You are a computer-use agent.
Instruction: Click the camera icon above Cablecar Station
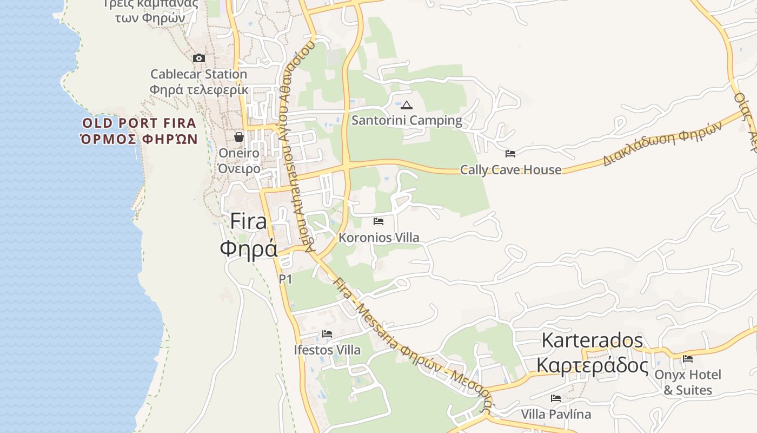(x=199, y=58)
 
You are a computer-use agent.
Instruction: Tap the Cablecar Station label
(x=198, y=74)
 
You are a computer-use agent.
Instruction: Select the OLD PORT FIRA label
(x=139, y=123)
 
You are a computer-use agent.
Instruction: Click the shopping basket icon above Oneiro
(x=239, y=137)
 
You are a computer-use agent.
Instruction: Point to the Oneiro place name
(x=238, y=153)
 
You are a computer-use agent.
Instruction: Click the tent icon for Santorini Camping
(x=407, y=105)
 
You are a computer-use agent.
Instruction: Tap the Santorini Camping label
(x=407, y=120)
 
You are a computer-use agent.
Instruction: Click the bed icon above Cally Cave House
(x=510, y=154)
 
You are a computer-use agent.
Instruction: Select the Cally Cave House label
(x=510, y=170)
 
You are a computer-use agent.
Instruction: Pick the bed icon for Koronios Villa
(x=378, y=221)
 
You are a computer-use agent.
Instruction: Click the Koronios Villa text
(x=378, y=238)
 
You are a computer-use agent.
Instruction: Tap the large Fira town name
(x=249, y=222)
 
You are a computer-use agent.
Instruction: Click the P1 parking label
(x=285, y=279)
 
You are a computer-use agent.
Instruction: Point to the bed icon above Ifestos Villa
(x=327, y=334)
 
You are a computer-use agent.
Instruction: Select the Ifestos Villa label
(x=327, y=350)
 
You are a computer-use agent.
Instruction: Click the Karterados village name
(x=592, y=340)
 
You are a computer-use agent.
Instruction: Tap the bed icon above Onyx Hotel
(x=688, y=359)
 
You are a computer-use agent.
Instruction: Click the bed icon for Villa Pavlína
(x=556, y=399)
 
